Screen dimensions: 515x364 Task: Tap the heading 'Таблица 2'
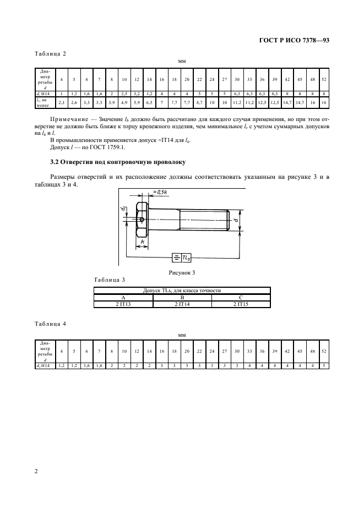coord(50,53)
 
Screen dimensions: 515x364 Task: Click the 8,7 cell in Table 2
coord(199,102)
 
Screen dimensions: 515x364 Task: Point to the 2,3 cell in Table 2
coord(62,102)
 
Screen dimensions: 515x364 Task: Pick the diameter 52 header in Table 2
coord(324,80)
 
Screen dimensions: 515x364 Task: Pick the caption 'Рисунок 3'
coord(182,272)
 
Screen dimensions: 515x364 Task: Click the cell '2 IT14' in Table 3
coord(182,303)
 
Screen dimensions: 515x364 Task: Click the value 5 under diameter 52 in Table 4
coord(324,365)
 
